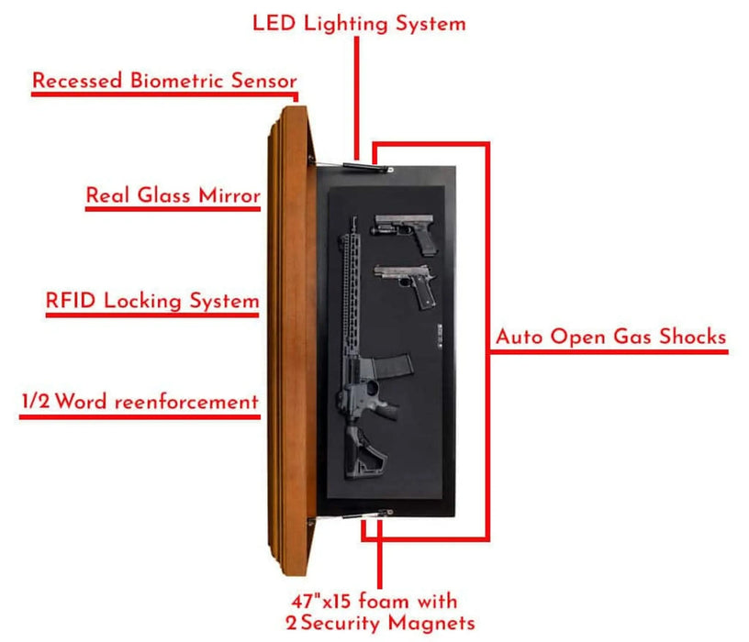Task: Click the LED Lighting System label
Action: [x=359, y=23]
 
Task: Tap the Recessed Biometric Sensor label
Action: [x=164, y=81]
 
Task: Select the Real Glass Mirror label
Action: [x=173, y=195]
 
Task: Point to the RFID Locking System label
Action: [x=151, y=301]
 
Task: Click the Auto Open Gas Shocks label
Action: [x=610, y=337]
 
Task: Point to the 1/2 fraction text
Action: [x=34, y=402]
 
